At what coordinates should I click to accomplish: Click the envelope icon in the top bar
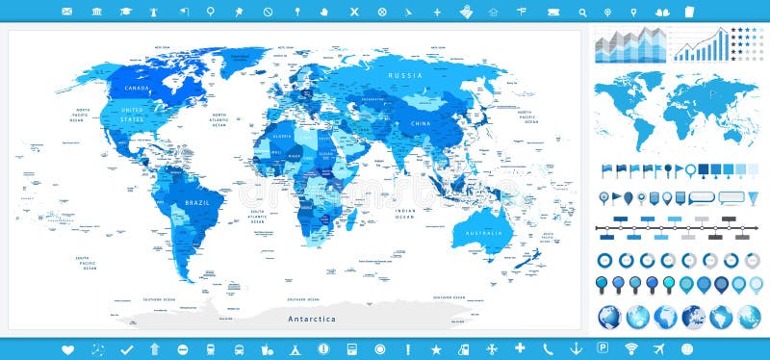click(67, 12)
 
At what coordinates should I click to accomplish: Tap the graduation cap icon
click(126, 12)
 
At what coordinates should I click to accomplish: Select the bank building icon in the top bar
click(96, 12)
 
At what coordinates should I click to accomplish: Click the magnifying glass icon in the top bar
click(581, 12)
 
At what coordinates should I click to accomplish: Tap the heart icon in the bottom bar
click(67, 347)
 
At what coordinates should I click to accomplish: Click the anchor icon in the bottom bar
click(576, 347)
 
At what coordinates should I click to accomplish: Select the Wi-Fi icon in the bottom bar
click(631, 347)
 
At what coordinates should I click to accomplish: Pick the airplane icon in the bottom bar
click(659, 347)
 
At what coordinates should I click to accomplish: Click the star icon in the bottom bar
click(436, 347)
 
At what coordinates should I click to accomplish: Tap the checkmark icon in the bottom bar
click(125, 347)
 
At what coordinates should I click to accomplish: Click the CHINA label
click(421, 123)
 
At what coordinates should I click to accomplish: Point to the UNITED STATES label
click(132, 114)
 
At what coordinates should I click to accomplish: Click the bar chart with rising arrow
click(700, 43)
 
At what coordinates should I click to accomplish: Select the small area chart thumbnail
click(630, 43)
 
